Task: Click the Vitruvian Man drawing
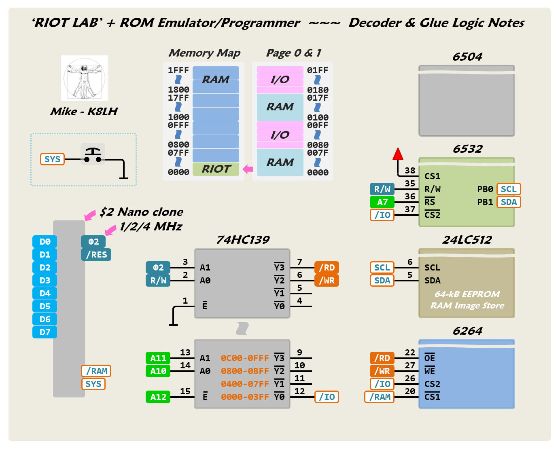84,78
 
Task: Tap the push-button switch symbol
93,154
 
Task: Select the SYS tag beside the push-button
52,159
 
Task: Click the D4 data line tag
45,294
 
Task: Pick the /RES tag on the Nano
96,255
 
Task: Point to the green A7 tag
382,202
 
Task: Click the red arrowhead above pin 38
398,154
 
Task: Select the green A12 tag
158,397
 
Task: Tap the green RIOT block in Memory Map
216,169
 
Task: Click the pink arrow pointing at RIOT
248,169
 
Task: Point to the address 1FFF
178,70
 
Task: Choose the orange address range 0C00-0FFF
245,358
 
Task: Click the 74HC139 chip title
243,240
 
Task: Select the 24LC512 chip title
467,240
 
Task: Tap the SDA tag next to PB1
509,202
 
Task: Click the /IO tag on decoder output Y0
327,397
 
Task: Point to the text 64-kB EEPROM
467,294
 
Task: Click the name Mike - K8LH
84,112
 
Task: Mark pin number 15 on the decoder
185,391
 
